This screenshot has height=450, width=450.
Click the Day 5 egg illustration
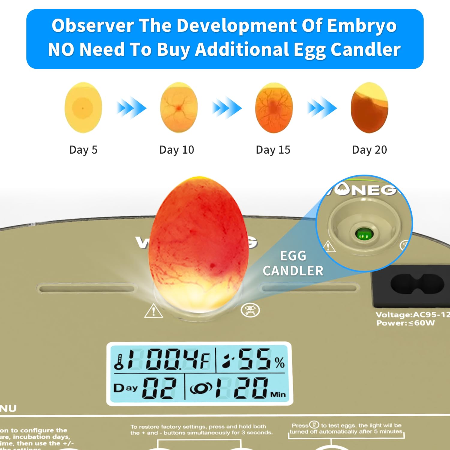pos(83,107)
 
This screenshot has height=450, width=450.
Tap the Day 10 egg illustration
pos(179,107)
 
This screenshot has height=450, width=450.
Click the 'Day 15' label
pos(273,150)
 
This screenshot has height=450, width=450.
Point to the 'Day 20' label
pos(369,150)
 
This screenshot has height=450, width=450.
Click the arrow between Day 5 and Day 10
pos(131,108)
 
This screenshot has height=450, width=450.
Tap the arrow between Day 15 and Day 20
pos(322,108)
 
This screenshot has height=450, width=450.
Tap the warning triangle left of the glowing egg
pos(154,311)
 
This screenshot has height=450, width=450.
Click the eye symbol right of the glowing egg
pos(250,310)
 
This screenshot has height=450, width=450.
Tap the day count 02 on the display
pos(159,388)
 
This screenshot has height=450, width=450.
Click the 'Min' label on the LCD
pos(278,394)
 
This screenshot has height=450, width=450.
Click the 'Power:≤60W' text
pos(405,323)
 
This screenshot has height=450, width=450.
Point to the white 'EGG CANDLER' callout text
pos(293,263)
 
